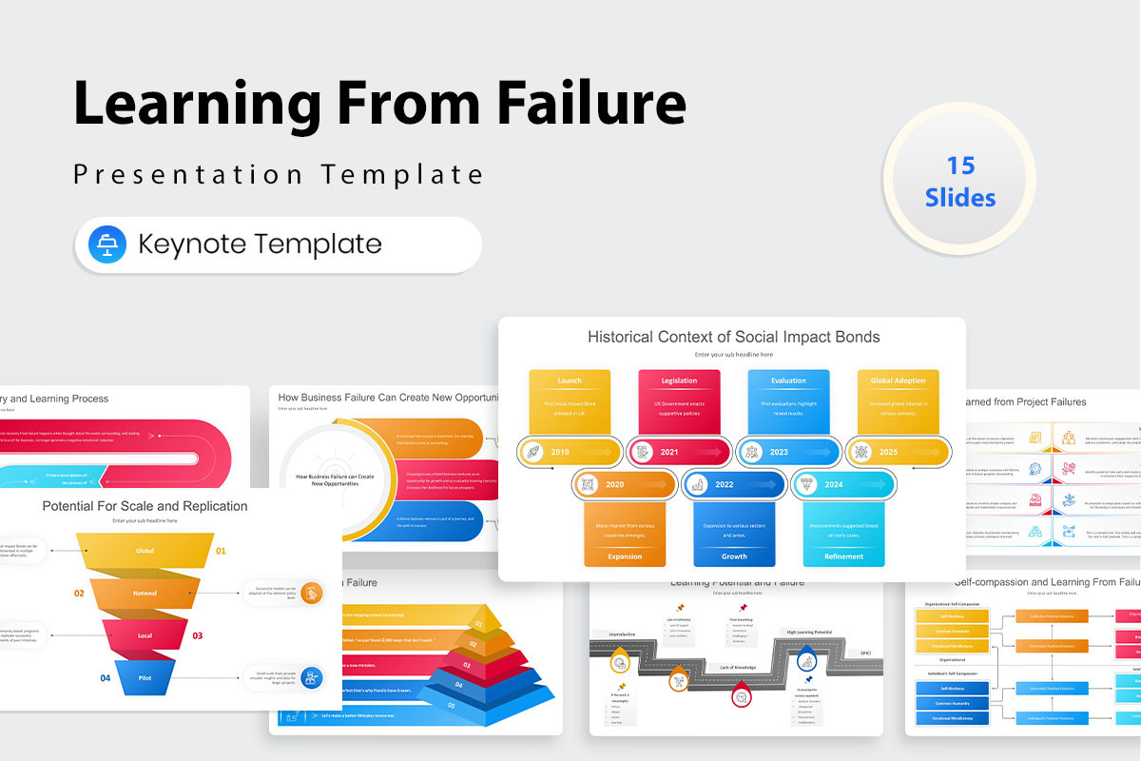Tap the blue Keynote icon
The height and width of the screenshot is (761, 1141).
pyautogui.click(x=106, y=244)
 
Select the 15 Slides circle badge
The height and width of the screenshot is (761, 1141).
pyautogui.click(x=959, y=181)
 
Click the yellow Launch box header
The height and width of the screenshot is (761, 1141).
pyautogui.click(x=570, y=380)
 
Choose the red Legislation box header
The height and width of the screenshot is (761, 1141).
pyautogui.click(x=679, y=380)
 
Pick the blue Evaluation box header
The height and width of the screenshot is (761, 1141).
pyautogui.click(x=788, y=380)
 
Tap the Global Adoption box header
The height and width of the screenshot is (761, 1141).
pyautogui.click(x=898, y=380)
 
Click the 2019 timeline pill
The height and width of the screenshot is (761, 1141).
pyautogui.click(x=570, y=452)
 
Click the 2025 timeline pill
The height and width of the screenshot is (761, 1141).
pyautogui.click(x=899, y=452)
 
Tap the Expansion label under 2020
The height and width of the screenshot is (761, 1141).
pyautogui.click(x=625, y=556)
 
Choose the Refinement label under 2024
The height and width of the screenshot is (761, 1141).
pyautogui.click(x=843, y=556)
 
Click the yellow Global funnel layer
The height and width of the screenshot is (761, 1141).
pyautogui.click(x=145, y=551)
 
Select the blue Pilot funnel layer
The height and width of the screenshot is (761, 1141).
pyautogui.click(x=145, y=677)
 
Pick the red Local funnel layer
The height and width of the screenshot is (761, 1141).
pyautogui.click(x=145, y=634)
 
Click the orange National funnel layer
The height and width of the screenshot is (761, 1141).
pyautogui.click(x=145, y=593)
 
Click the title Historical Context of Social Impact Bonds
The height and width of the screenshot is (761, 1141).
pyautogui.click(x=733, y=337)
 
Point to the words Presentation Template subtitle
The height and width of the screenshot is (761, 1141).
pyautogui.click(x=279, y=175)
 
